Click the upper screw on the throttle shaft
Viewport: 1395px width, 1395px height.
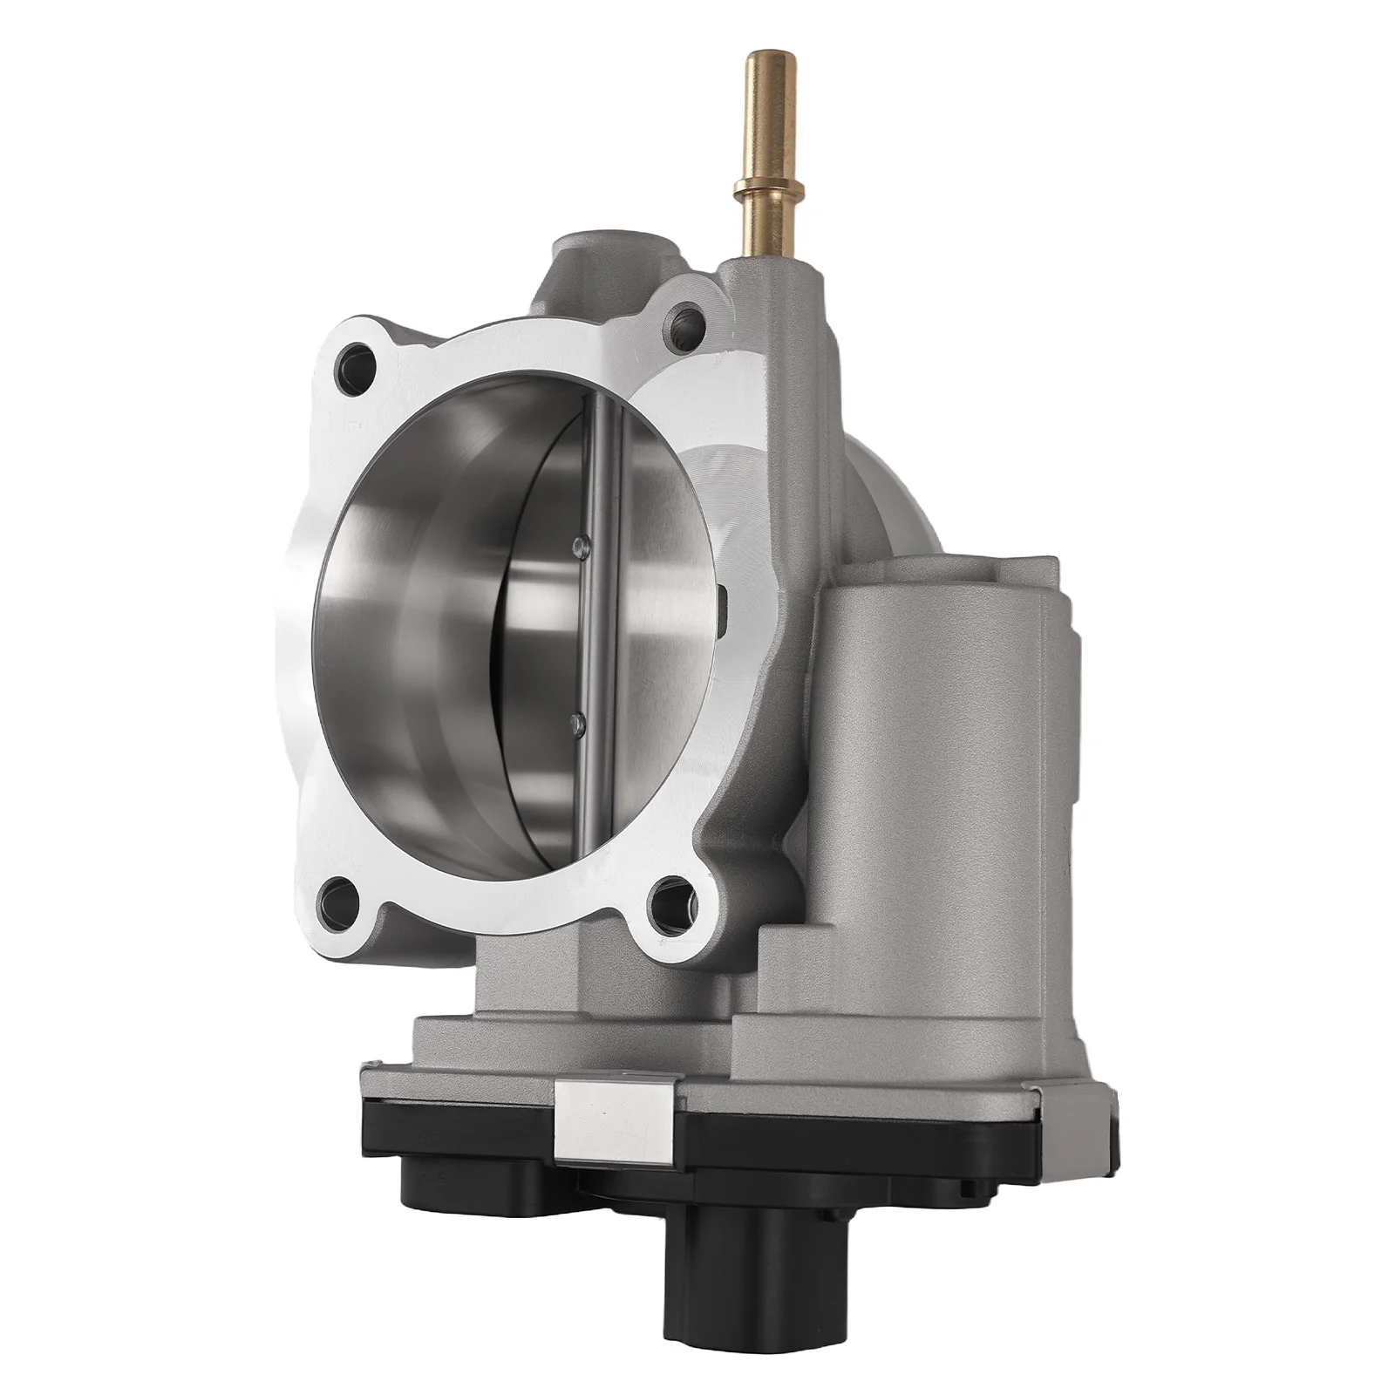[x=575, y=546]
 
